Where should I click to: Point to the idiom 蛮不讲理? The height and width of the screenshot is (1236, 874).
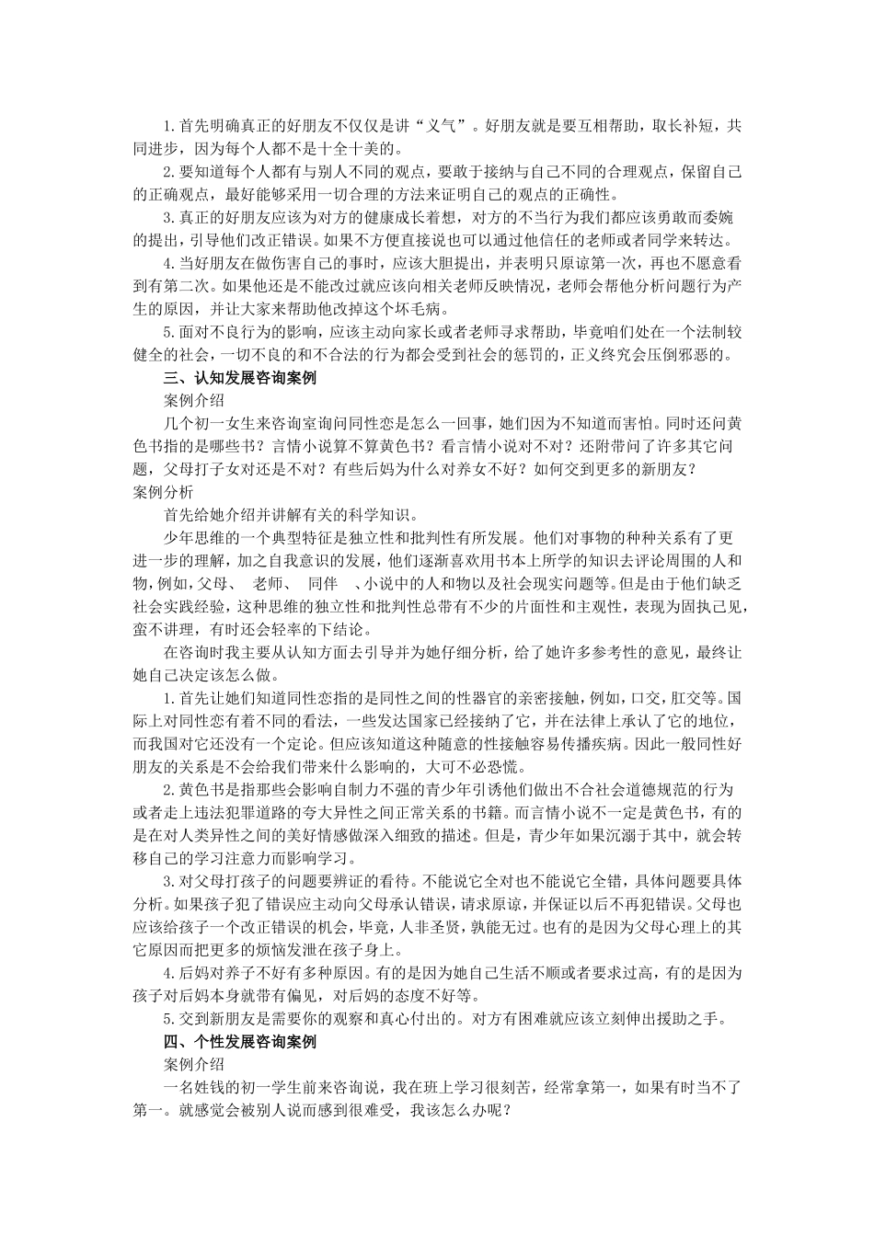click(164, 630)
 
